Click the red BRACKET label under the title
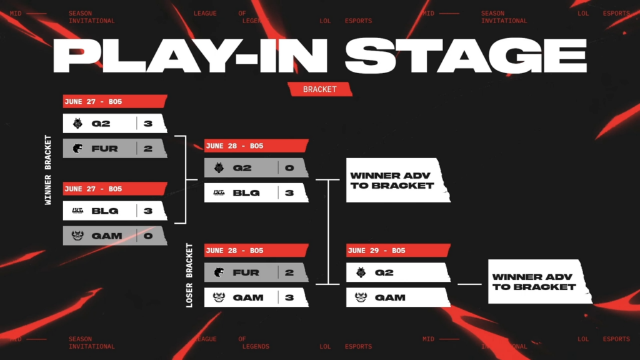[319, 89]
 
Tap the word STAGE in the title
[465, 57]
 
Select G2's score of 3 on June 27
[148, 124]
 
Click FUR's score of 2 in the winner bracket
[148, 149]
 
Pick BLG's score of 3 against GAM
[148, 211]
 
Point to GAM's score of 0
[148, 236]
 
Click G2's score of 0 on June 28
[289, 168]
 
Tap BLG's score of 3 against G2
[289, 193]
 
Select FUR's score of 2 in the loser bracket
[289, 272]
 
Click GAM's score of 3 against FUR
[289, 297]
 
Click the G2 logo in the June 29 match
[361, 272]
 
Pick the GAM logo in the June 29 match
[361, 297]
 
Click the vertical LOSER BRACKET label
[190, 274]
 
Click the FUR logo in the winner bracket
[77, 149]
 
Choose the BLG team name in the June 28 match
[246, 193]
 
